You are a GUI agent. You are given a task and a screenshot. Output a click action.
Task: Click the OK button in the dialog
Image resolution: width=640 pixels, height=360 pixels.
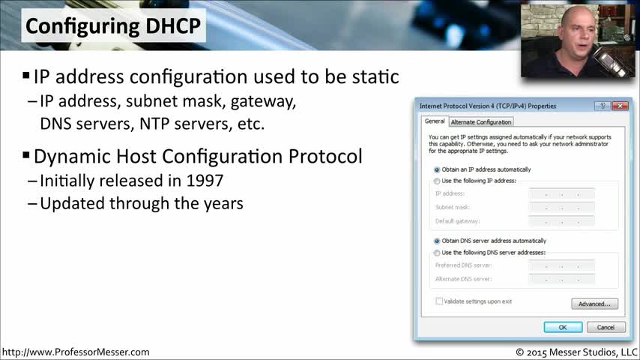click(x=563, y=327)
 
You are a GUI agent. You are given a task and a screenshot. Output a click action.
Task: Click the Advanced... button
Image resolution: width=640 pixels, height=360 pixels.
click(x=594, y=304)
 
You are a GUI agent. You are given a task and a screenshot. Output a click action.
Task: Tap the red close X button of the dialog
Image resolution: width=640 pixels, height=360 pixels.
click(x=620, y=106)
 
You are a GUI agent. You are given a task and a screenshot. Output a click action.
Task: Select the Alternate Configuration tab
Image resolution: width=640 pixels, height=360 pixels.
click(x=481, y=121)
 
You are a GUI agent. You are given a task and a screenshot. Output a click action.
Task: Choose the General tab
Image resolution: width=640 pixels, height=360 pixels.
click(x=435, y=121)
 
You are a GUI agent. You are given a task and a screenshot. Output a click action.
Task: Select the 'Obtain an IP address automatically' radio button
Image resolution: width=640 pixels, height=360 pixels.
click(x=437, y=169)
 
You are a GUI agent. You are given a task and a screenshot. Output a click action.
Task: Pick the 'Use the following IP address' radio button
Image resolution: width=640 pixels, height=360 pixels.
click(x=437, y=181)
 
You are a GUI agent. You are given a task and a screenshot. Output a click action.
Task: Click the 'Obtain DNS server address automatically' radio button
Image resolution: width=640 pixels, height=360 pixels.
click(x=437, y=241)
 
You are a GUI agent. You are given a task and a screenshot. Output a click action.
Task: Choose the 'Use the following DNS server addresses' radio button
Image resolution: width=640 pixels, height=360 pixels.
click(x=437, y=253)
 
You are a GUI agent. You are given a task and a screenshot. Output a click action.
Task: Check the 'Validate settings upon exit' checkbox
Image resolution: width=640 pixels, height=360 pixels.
click(x=439, y=301)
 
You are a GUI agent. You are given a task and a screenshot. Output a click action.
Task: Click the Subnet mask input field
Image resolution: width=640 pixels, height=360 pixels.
click(x=561, y=207)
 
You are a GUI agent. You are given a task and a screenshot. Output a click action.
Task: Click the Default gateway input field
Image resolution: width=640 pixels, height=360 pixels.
click(x=561, y=221)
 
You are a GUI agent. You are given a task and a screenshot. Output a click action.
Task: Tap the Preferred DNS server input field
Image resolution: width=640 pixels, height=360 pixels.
click(x=561, y=265)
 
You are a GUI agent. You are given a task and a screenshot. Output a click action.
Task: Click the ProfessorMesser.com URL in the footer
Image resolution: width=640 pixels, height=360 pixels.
click(x=76, y=352)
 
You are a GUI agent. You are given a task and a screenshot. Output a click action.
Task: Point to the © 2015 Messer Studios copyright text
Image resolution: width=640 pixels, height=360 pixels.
click(x=576, y=352)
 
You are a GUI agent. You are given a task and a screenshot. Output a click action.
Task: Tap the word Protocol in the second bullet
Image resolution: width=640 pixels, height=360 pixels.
click(x=325, y=156)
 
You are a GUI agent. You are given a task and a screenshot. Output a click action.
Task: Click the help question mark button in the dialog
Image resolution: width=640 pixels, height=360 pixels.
click(x=603, y=106)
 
